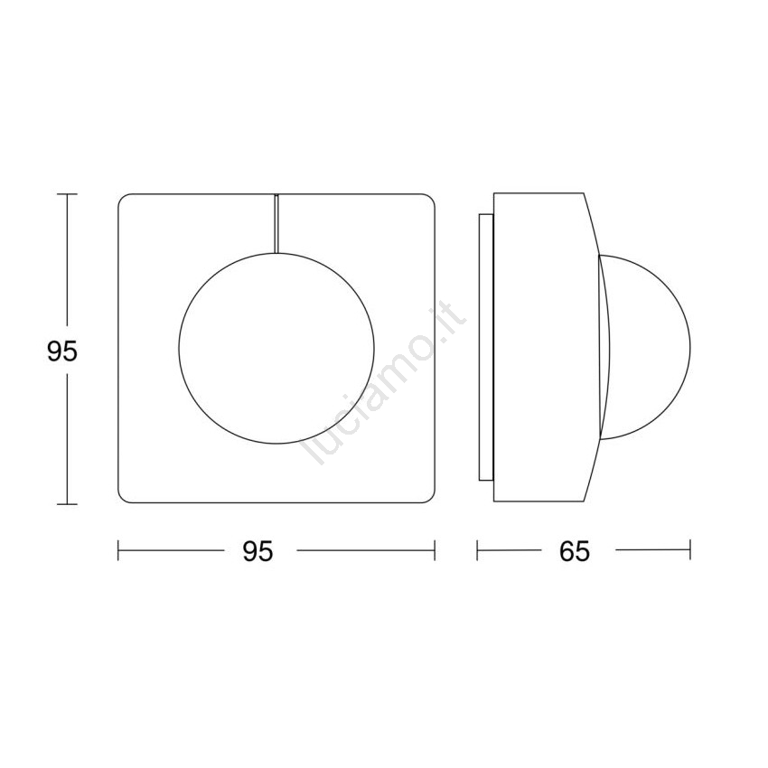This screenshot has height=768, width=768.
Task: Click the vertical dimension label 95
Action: pyautogui.click(x=62, y=351)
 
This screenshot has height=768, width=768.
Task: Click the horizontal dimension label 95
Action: pyautogui.click(x=258, y=552)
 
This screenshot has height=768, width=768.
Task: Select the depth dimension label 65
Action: pyautogui.click(x=575, y=552)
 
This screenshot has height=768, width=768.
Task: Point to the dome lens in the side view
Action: pyautogui.click(x=689, y=348)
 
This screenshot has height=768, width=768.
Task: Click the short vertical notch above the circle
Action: pyautogui.click(x=276, y=223)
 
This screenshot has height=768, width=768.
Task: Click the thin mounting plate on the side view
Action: pyautogui.click(x=486, y=347)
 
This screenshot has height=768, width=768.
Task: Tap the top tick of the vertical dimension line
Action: pyautogui.click(x=67, y=194)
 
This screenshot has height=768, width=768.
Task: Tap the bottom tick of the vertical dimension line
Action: pyautogui.click(x=67, y=503)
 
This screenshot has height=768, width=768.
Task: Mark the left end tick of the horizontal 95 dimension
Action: pyautogui.click(x=118, y=550)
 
